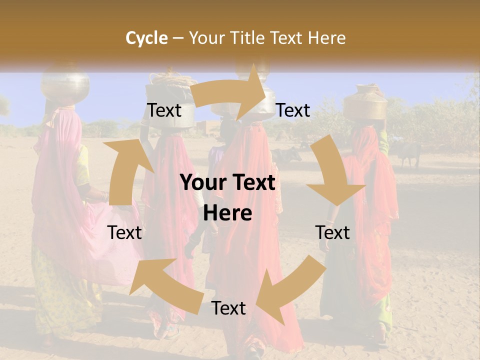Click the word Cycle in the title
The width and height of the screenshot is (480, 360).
pos(146,38)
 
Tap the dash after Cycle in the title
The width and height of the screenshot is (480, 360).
pos(177,38)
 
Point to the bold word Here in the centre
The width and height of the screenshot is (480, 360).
pos(227,213)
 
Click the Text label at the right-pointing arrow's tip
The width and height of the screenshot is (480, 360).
pos(293,110)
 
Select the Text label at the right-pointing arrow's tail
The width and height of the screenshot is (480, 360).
pos(164,110)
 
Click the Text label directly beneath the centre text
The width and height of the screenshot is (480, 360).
pos(228,308)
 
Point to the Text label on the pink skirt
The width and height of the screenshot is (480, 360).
pos(125,232)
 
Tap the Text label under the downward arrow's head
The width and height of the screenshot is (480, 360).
pos(333,232)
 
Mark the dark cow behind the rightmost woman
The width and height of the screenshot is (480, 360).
pos(407,152)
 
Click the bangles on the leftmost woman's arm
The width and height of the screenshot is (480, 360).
pos(104,195)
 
